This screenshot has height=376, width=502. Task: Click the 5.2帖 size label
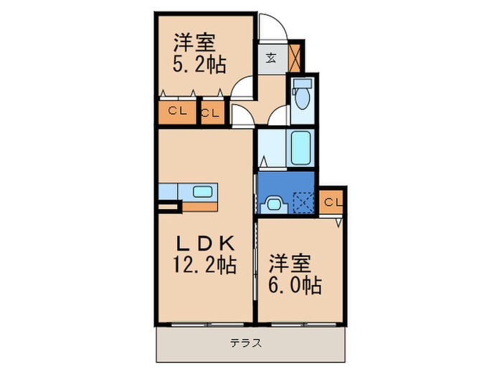tap(199, 65)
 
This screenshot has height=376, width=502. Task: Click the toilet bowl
tap(301, 97)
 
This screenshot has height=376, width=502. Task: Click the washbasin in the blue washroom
tap(274, 204)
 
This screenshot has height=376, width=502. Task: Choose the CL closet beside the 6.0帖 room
tap(331, 202)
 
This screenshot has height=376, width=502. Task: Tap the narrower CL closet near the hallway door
tap(212, 113)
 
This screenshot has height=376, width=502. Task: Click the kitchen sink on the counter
tap(203, 191)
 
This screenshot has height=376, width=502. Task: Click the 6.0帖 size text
tap(295, 285)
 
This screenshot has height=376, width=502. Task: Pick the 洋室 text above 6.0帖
tap(290, 262)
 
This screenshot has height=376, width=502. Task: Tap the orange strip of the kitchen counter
tap(196, 206)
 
